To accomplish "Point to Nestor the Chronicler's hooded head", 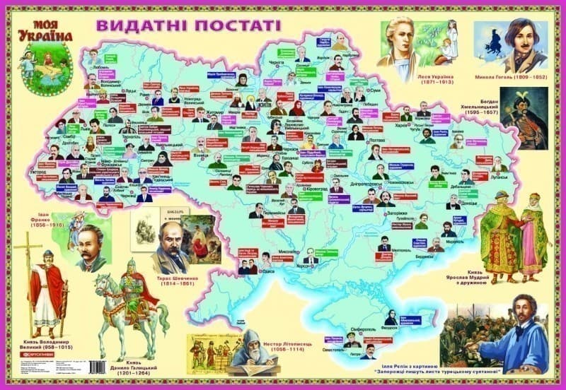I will click(x=253, y=341).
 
